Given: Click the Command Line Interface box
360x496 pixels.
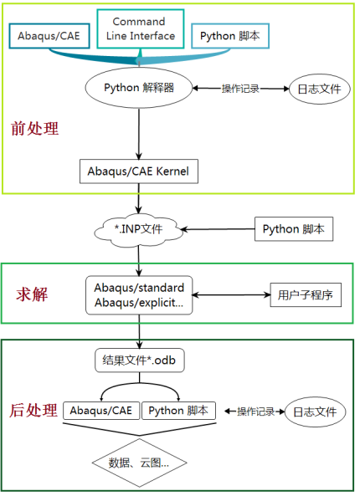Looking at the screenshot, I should click(143, 28).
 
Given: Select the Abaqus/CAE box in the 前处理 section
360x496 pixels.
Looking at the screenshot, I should click(49, 36).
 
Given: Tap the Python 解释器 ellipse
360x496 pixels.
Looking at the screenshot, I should click(139, 88).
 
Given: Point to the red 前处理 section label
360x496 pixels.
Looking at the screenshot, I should click(34, 129).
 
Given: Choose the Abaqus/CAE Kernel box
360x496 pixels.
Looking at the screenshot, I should click(138, 172).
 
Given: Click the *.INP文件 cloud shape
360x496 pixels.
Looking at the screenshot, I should click(140, 228).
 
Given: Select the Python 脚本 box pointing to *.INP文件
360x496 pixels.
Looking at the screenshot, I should click(293, 228).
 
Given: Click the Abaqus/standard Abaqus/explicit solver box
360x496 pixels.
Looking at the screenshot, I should click(139, 294).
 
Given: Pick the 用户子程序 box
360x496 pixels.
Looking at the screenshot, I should click(305, 294).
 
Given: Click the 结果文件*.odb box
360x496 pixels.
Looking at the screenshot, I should click(138, 361).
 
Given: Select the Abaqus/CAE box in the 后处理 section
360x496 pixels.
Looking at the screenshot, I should click(101, 411).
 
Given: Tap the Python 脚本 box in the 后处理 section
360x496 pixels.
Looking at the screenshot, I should click(177, 411).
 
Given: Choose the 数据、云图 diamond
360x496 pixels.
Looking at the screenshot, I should click(139, 461).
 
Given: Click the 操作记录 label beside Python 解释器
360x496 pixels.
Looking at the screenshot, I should click(241, 89).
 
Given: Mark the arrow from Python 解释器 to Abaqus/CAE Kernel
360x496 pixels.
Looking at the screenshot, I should click(139, 130).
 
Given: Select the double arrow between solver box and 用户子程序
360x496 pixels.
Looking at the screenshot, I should click(230, 294).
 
